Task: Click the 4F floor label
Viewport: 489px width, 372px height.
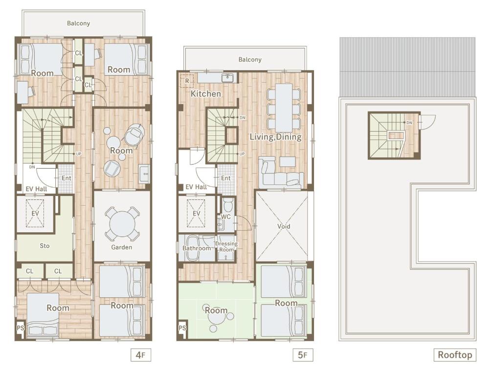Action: tap(140, 355)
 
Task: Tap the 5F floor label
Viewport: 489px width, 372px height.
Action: tap(302, 355)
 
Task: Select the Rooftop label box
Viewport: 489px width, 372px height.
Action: tap(455, 355)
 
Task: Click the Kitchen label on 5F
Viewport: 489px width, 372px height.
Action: tap(205, 94)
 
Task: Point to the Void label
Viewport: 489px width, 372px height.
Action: tap(284, 226)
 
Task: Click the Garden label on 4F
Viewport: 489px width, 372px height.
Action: tap(121, 247)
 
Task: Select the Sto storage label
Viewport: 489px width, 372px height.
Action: tap(44, 246)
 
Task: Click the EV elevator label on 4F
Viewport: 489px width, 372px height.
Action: tap(35, 214)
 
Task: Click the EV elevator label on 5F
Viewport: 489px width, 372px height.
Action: tap(197, 214)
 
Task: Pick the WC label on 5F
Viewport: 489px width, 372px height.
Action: tap(225, 216)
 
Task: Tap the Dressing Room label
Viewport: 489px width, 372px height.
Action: tap(226, 246)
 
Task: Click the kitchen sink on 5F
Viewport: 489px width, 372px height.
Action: tap(228, 78)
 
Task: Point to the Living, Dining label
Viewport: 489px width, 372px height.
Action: tap(275, 137)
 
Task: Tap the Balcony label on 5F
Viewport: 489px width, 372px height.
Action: tap(250, 60)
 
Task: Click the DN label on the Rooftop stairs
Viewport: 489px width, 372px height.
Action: tap(409, 123)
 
